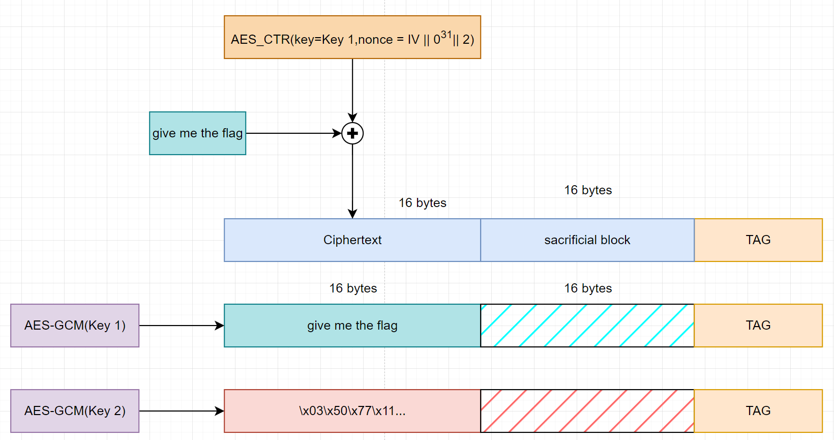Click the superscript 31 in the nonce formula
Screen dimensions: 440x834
446,35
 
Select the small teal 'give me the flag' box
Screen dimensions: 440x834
197,133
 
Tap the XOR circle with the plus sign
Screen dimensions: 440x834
352,133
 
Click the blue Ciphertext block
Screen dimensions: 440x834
352,240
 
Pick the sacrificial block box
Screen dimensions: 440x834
587,240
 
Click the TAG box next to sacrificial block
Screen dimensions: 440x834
758,240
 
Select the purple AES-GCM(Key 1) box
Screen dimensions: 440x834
75,326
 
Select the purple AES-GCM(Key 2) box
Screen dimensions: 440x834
75,411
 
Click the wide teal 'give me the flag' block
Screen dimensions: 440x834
352,326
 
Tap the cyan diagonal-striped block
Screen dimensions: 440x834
587,326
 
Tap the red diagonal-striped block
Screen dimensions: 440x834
587,411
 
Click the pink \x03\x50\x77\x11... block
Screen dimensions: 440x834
352,411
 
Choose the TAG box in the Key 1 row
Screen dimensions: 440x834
758,326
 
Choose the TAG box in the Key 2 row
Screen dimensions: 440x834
758,411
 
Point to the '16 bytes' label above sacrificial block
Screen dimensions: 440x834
588,190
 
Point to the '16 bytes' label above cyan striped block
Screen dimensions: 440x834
588,288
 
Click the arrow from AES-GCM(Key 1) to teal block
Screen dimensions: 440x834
181,326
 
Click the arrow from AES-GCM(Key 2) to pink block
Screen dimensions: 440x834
181,411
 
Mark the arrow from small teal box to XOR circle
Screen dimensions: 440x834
293,133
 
